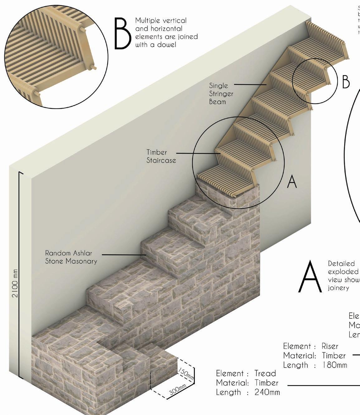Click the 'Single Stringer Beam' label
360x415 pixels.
click(221, 93)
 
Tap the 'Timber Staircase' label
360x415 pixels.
click(161, 156)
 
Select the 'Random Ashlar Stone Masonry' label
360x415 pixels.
click(71, 257)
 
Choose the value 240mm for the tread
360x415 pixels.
click(267, 392)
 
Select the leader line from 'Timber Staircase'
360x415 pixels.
click(196, 153)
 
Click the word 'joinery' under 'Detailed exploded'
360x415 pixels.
click(338, 288)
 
